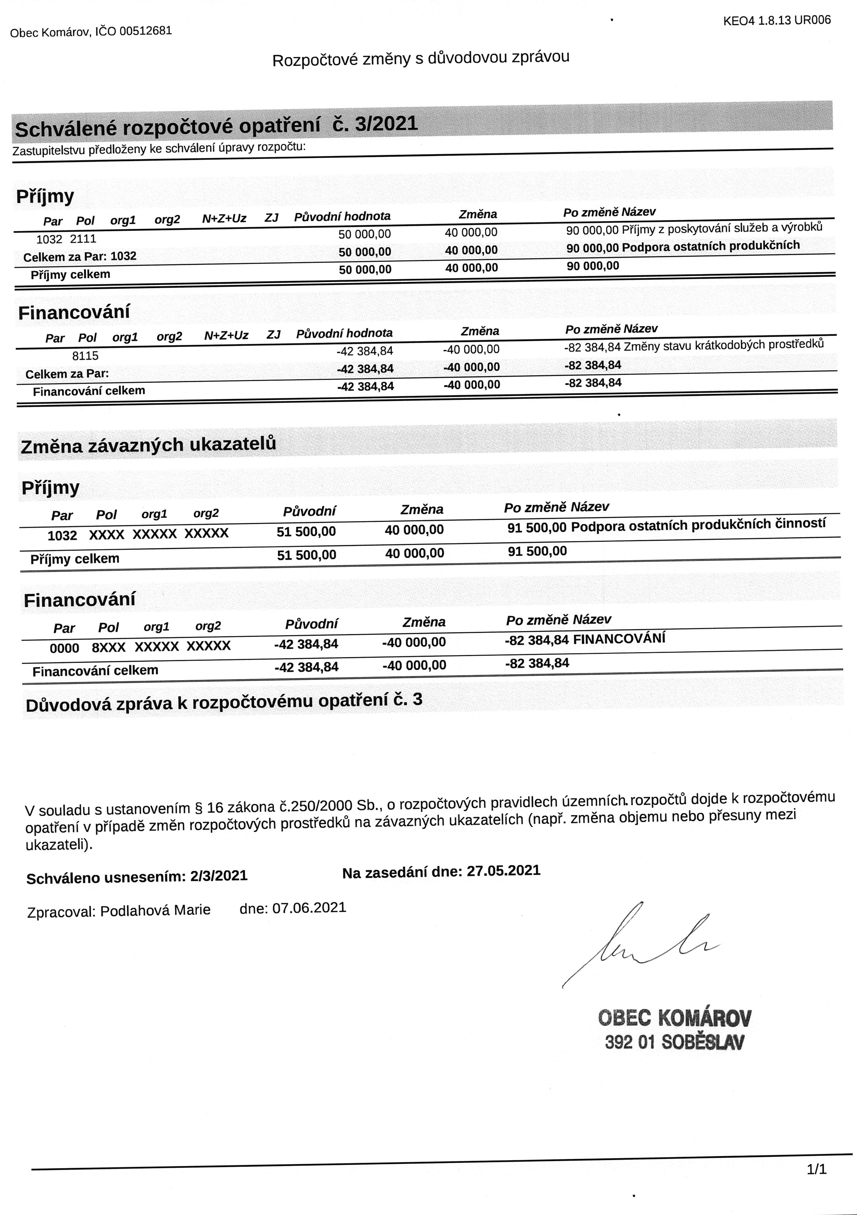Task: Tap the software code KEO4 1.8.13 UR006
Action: (777, 21)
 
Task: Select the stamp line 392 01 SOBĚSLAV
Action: (675, 1042)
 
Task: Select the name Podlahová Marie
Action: (155, 910)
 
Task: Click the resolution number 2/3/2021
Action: (218, 876)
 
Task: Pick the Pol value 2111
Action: (83, 239)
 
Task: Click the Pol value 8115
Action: (85, 356)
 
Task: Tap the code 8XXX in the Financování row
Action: (109, 647)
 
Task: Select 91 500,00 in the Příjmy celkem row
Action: (537, 551)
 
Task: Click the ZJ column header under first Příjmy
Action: (271, 217)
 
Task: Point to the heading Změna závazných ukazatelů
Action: (148, 446)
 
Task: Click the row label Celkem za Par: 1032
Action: (80, 257)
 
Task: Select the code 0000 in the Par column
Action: (64, 648)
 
